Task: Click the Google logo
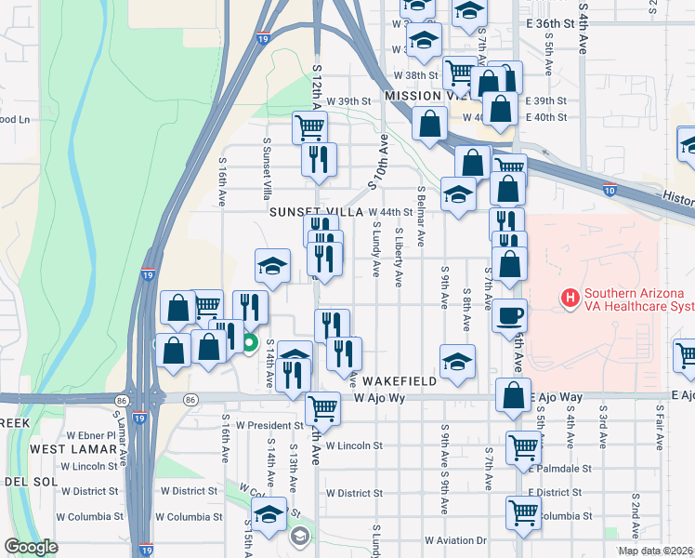click(x=31, y=547)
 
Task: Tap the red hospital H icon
click(x=570, y=299)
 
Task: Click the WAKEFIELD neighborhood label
click(x=400, y=381)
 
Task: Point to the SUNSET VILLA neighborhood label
click(x=316, y=212)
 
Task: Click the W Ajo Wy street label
click(x=380, y=398)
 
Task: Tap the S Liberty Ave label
click(x=399, y=257)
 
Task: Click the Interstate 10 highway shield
click(x=609, y=191)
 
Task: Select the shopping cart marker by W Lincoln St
click(x=523, y=447)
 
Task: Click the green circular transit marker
click(x=249, y=343)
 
